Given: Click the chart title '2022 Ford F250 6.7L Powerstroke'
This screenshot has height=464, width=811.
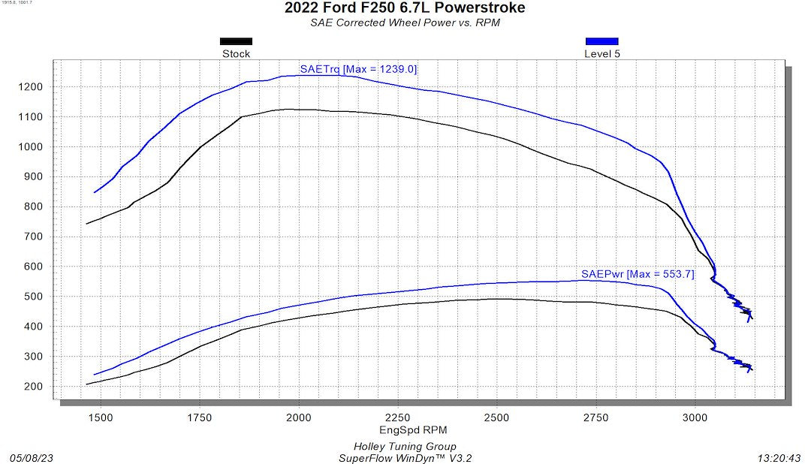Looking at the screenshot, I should [x=405, y=8].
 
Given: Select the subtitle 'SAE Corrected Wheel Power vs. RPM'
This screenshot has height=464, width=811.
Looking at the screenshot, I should [x=405, y=23].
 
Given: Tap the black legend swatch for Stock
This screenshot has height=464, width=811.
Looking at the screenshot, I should [x=236, y=41].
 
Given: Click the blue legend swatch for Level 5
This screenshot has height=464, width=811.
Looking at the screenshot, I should [x=601, y=41].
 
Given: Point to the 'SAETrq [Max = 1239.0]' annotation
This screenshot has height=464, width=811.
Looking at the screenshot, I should [x=358, y=69].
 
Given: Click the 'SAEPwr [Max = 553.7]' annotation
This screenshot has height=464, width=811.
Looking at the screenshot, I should [x=638, y=274].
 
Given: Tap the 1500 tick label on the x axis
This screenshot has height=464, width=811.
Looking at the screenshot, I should [x=101, y=418].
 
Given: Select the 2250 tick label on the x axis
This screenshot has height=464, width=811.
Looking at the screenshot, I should [x=398, y=418].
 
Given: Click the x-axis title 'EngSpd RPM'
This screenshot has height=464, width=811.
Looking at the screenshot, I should [x=405, y=430].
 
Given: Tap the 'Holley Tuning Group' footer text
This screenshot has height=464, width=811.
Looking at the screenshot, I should [x=405, y=447].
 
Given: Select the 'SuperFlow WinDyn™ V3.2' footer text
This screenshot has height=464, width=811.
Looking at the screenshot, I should [x=405, y=457].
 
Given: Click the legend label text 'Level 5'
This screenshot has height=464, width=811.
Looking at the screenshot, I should [x=601, y=54].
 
